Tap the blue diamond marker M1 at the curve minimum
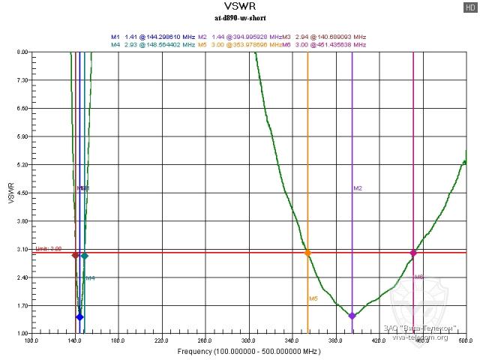coord(80,317)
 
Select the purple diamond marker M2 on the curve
coord(352,316)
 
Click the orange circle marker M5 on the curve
coord(307,253)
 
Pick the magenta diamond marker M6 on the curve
coord(413,253)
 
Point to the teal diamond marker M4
coord(85,256)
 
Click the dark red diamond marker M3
coord(75,256)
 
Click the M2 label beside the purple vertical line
coord(358,188)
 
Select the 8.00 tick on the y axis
coord(21,52)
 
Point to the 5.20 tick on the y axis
coord(21,165)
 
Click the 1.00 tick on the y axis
coord(21,334)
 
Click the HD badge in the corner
coord(469,7)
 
